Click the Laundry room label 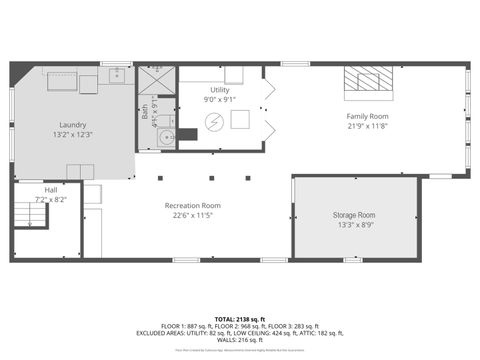pyautogui.click(x=73, y=125)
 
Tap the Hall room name pyautogui.click(x=51, y=190)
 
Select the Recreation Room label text pyautogui.click(x=193, y=206)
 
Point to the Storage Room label pyautogui.click(x=354, y=216)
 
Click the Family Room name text pyautogui.click(x=367, y=116)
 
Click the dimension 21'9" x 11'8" pyautogui.click(x=367, y=126)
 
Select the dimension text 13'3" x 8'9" pyautogui.click(x=354, y=226)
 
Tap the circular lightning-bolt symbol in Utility pyautogui.click(x=213, y=121)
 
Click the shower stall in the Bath pyautogui.click(x=156, y=79)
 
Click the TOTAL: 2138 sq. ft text pyautogui.click(x=240, y=316)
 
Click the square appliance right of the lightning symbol pyautogui.click(x=241, y=120)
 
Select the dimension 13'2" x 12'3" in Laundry pyautogui.click(x=73, y=135)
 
